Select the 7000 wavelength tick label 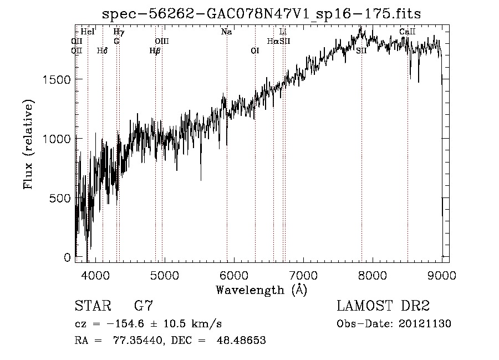[303, 275]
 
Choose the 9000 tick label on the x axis [441, 275]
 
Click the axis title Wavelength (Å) [261, 290]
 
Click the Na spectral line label [226, 32]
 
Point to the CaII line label [408, 32]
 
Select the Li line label [283, 32]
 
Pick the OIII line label [162, 41]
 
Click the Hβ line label [155, 50]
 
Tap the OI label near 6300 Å [255, 50]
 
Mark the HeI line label [88, 32]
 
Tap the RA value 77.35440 [136, 341]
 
